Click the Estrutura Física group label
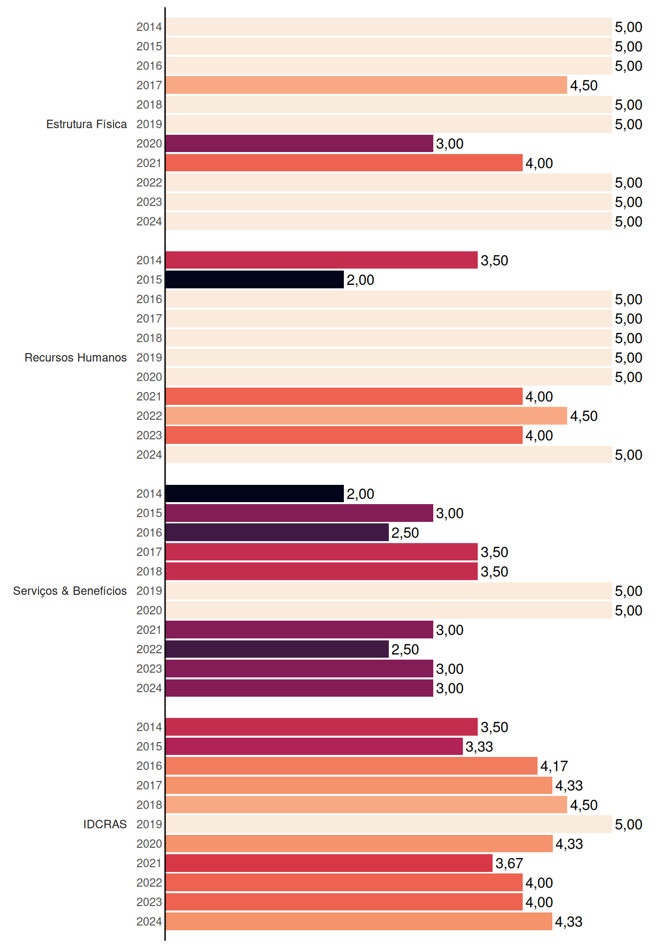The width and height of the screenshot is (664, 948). (x=86, y=124)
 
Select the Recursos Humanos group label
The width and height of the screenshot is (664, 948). (x=76, y=357)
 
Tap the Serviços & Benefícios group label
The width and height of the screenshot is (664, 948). (x=70, y=591)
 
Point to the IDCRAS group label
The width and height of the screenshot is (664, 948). (x=105, y=824)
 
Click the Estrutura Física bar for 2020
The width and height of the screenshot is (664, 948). (x=299, y=144)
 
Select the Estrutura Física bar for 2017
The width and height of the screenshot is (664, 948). (x=366, y=85)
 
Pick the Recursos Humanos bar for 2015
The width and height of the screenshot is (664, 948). (x=254, y=279)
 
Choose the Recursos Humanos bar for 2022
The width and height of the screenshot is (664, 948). (x=366, y=416)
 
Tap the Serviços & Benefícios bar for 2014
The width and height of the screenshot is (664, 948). (x=254, y=494)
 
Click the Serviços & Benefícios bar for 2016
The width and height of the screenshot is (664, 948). (x=277, y=532)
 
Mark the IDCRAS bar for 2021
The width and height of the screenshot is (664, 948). (x=329, y=863)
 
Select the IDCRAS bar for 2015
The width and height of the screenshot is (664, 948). (x=314, y=747)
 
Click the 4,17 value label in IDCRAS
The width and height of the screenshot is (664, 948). (x=554, y=766)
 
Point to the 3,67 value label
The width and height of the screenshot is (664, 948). (x=509, y=864)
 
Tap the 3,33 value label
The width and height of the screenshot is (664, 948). (x=479, y=747)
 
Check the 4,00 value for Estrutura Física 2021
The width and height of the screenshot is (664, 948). (x=539, y=163)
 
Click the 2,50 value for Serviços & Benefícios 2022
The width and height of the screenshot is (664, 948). (x=405, y=650)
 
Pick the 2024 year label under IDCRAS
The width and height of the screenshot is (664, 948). (x=149, y=922)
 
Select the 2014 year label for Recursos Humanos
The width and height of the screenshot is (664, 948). (x=149, y=260)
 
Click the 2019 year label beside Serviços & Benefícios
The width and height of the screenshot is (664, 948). (x=149, y=591)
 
